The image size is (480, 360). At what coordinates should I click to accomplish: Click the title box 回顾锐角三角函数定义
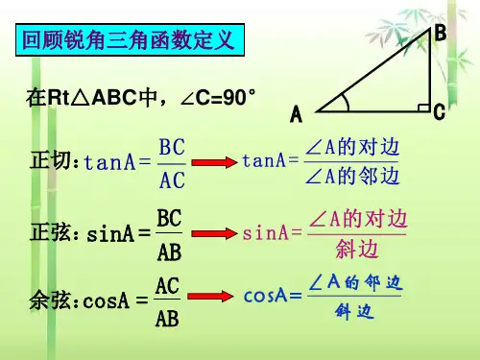(x=130, y=40)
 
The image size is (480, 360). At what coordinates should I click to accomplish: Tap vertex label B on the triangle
(x=441, y=33)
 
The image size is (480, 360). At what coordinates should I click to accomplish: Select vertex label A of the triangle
(x=296, y=114)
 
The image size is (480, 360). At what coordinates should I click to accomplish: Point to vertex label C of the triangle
(x=440, y=111)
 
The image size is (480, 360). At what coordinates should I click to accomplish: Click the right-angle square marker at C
(x=424, y=108)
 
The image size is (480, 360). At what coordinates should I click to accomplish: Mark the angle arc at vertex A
(x=347, y=102)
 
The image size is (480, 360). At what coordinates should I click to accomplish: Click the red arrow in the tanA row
(x=214, y=162)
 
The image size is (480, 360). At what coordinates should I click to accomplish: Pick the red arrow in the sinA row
(x=214, y=233)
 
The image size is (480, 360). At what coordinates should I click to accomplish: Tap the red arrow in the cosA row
(x=210, y=296)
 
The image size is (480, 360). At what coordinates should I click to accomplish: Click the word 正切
(x=50, y=159)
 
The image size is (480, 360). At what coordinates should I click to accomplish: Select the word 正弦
(x=50, y=231)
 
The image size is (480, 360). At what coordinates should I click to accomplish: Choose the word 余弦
(x=50, y=300)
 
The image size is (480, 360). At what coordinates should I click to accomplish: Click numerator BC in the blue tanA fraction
(x=172, y=147)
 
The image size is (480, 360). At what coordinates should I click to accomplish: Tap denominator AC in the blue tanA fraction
(x=172, y=180)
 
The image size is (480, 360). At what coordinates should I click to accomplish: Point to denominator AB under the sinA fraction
(x=169, y=252)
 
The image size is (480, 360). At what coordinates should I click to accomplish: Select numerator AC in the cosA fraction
(x=167, y=286)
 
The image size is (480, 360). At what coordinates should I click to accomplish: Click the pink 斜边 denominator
(x=357, y=250)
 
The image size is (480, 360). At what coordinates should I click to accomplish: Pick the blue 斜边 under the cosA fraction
(x=354, y=311)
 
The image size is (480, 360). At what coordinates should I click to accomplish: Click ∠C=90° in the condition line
(x=218, y=97)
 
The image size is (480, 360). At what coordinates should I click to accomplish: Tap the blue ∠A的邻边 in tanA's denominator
(x=352, y=176)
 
